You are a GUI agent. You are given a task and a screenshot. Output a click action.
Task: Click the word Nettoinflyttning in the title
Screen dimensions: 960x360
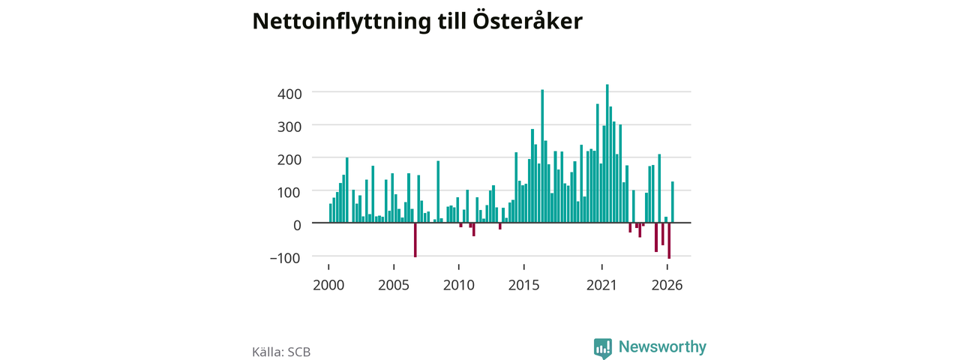[341, 22]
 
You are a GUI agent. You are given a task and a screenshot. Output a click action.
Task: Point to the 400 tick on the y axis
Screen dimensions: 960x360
[289, 94]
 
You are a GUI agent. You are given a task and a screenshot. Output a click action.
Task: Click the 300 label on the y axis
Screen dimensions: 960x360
[289, 127]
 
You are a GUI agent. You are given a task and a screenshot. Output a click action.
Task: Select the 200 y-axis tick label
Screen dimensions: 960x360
[289, 160]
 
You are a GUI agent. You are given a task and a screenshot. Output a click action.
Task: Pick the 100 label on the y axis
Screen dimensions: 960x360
[289, 192]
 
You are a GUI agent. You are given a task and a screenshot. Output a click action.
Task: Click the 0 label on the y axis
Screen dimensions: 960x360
[297, 225]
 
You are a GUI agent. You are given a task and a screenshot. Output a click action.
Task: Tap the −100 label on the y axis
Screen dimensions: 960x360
[286, 258]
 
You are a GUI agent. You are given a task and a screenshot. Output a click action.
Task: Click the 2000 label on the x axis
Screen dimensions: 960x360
[328, 285]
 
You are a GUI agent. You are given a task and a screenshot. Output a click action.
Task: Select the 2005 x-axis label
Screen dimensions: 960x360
[394, 285]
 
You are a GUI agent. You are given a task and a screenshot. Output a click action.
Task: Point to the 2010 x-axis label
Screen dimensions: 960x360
[459, 285]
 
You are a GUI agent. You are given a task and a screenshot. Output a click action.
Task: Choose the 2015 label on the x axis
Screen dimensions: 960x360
[524, 285]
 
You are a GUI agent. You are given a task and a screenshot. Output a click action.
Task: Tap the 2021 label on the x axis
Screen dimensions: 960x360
[601, 285]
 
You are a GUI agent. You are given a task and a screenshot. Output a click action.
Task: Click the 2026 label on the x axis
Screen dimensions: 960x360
[667, 285]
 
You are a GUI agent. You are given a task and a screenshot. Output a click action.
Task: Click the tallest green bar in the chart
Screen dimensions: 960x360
[607, 154]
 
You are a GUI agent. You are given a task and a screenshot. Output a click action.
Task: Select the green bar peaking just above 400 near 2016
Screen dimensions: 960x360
[542, 156]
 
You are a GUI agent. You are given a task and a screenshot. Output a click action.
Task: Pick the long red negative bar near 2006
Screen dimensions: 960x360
[415, 240]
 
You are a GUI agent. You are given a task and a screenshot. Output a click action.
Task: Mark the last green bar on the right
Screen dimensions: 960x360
[673, 202]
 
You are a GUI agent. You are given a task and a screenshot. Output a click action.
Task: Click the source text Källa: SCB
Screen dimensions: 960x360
[281, 352]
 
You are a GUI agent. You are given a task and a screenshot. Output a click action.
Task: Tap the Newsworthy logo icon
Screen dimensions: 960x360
[602, 348]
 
